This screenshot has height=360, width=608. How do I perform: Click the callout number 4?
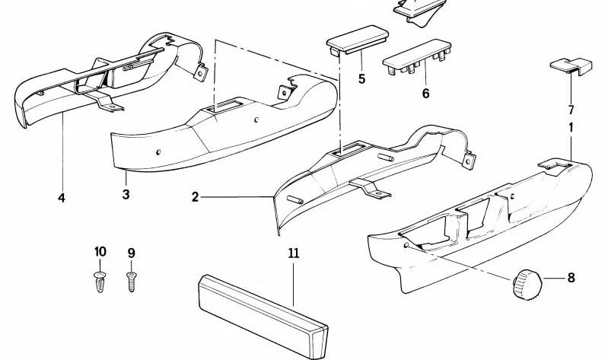pos(62,198)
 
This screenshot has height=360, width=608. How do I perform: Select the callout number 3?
pos(126,194)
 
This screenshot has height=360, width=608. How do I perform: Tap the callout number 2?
pos(195,197)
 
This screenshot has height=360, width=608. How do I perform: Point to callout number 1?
pos(571,127)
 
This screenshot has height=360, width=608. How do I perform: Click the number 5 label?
pos(361,79)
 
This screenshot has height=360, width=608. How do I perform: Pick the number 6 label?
pos(426,94)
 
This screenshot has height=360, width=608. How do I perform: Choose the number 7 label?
pos(571,110)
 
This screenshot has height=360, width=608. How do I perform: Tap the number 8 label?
pos(571,278)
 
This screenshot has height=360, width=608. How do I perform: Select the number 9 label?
pos(132,253)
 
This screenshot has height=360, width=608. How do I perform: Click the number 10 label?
pos(100,252)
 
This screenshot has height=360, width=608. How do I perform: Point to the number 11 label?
pos(294,253)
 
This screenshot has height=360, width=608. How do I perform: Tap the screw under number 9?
pos(132,282)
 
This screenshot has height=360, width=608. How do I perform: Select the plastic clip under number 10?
pos(100,282)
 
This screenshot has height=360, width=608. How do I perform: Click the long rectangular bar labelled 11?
pos(263,316)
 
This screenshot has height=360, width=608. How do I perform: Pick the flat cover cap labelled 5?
pos(358,40)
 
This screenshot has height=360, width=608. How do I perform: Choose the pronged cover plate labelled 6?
pos(417,57)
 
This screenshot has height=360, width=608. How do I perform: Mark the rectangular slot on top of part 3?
pos(224,107)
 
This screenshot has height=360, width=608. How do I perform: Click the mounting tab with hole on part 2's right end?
pos(469,161)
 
